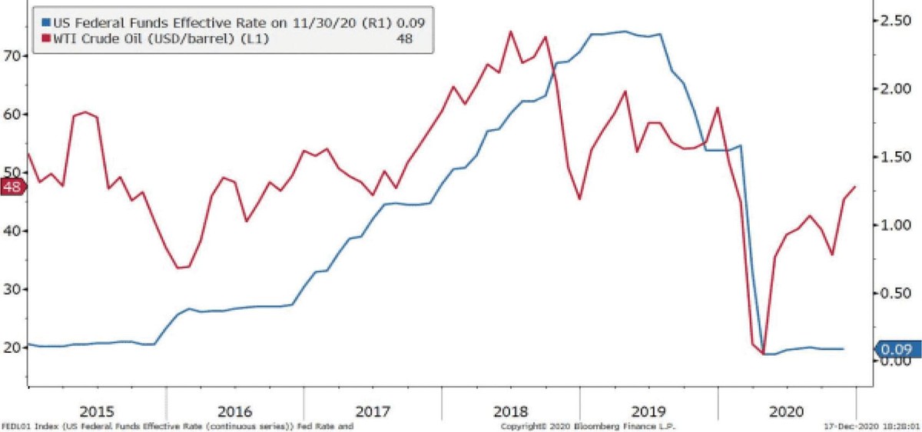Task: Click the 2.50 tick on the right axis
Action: [896, 21]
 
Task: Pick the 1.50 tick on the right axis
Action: [896, 157]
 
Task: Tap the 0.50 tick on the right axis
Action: [896, 293]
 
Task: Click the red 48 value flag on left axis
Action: [13, 188]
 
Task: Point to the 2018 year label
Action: [510, 408]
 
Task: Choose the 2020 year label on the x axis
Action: [786, 408]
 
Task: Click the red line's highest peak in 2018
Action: [511, 32]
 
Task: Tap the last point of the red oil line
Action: [855, 187]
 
